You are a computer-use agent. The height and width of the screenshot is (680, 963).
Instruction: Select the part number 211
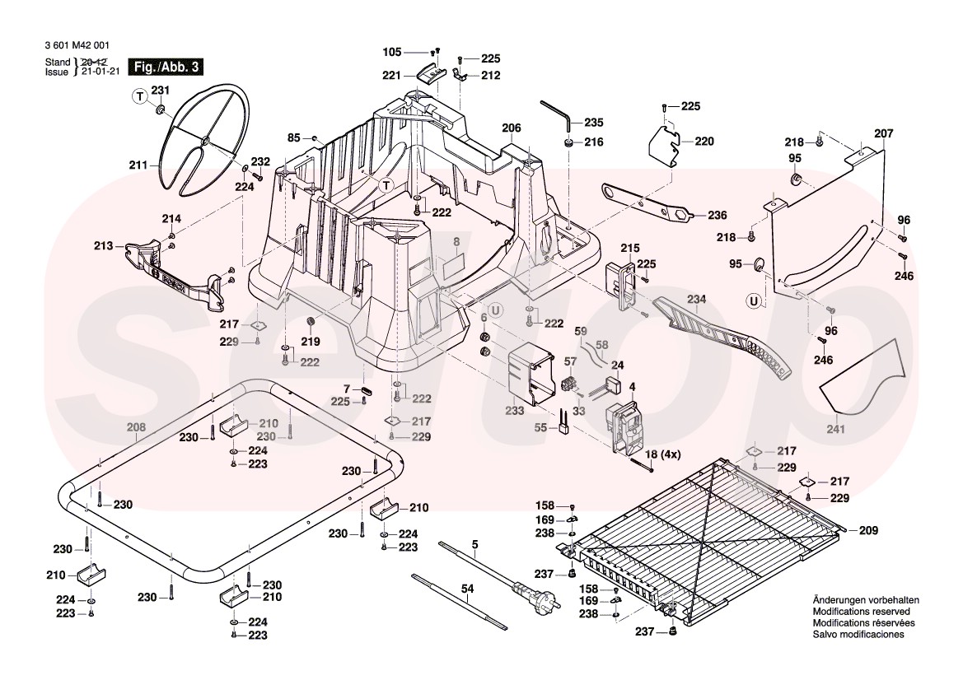point(138,165)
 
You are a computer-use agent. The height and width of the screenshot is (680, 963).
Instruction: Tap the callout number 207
point(883,133)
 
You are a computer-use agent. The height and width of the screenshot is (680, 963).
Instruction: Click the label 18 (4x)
point(662,454)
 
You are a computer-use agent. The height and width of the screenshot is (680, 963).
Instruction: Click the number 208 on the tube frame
point(137,427)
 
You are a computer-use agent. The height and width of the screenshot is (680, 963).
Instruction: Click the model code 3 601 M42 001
point(77,46)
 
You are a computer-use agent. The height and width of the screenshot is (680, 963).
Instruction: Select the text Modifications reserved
point(861,612)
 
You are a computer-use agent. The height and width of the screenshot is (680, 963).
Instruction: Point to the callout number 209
point(868,531)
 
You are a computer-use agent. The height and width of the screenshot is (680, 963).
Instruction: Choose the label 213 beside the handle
point(103,245)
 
